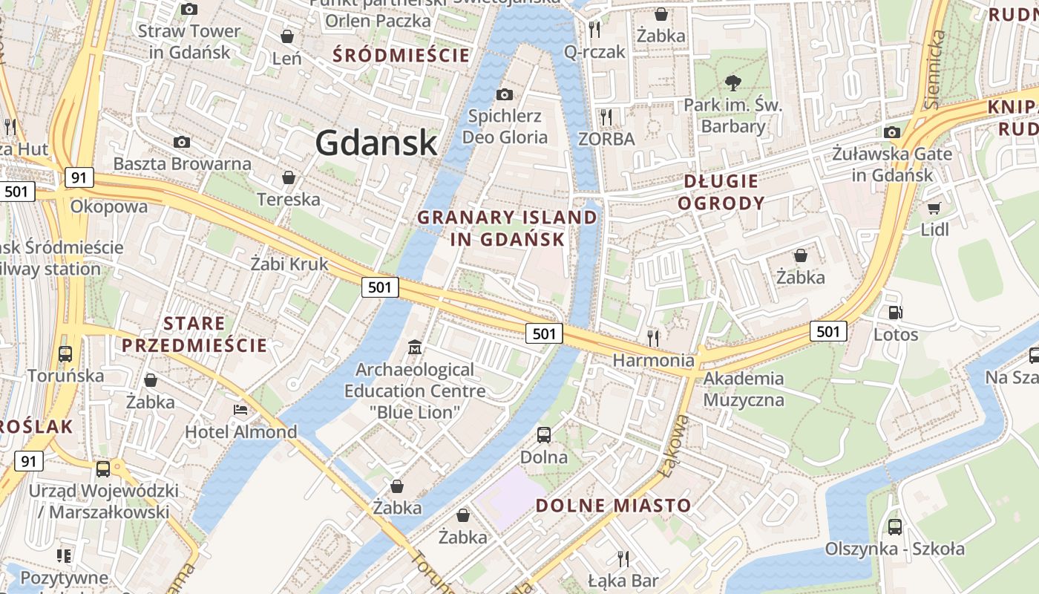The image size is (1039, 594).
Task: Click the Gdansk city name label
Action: click(x=376, y=142)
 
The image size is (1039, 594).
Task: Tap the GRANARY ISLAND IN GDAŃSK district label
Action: click(x=507, y=228)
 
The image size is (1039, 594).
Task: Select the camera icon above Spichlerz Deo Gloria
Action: click(x=505, y=94)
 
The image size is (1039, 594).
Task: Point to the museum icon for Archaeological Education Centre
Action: click(x=415, y=347)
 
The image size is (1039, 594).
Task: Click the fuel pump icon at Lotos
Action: click(x=896, y=313)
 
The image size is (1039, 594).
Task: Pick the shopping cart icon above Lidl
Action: click(x=934, y=208)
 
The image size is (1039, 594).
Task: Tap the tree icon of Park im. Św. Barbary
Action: click(x=733, y=82)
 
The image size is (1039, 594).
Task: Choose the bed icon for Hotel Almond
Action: click(x=240, y=409)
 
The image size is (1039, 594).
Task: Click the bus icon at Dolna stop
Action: click(x=544, y=435)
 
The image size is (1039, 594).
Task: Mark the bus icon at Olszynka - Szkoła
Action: click(x=895, y=526)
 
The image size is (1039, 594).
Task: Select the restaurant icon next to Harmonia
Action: click(x=653, y=338)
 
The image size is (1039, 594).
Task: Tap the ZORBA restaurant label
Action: click(x=606, y=139)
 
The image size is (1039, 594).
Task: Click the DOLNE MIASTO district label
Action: click(x=613, y=506)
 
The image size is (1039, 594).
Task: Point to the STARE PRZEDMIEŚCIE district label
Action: click(x=194, y=334)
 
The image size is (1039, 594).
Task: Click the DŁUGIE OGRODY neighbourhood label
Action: click(x=721, y=192)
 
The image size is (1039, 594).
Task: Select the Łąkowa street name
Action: click(x=678, y=446)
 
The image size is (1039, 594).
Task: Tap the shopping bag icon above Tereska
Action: click(x=289, y=177)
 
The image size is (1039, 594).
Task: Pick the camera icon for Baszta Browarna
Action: click(x=182, y=142)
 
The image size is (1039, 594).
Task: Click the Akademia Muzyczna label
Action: click(x=744, y=389)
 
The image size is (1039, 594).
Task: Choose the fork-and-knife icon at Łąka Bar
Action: click(x=623, y=558)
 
